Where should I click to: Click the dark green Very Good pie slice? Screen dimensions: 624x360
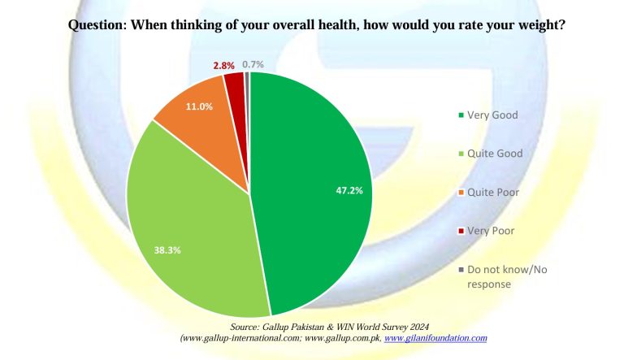[x=310, y=191]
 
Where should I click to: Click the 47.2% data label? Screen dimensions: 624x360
[x=349, y=191]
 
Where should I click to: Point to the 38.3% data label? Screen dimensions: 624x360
[x=167, y=250]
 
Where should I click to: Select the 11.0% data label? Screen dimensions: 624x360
[x=199, y=106]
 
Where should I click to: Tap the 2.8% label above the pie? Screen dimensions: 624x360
[x=223, y=66]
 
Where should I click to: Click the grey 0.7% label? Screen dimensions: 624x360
[x=253, y=64]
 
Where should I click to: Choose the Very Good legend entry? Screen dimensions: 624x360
[x=488, y=115]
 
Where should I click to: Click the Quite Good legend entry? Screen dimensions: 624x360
[x=491, y=154]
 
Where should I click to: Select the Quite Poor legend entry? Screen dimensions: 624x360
[x=488, y=193]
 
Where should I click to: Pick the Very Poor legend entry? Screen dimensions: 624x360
[x=487, y=231]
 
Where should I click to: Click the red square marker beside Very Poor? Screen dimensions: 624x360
[x=461, y=231]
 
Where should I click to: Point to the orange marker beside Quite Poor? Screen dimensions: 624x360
[x=461, y=193]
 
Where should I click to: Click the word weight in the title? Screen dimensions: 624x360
[x=539, y=25]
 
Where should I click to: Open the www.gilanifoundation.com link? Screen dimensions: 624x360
[x=435, y=338]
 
